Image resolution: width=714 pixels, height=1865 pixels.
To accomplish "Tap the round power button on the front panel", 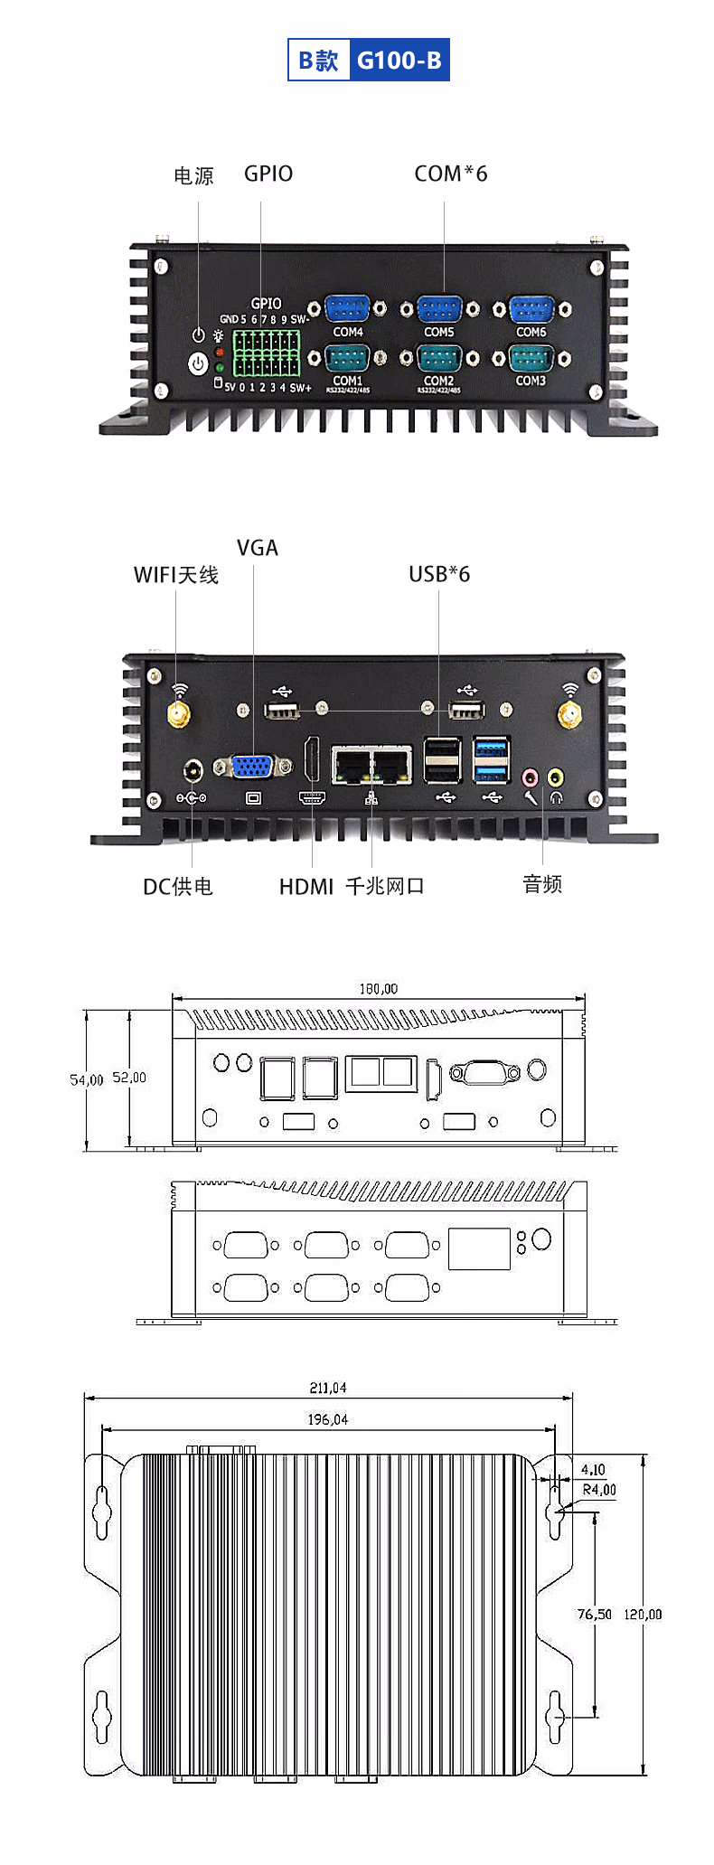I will pos(198,363).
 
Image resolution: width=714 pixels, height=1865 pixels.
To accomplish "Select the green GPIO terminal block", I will pos(266,353).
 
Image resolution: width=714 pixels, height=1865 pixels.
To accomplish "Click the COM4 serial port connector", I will pos(347,309).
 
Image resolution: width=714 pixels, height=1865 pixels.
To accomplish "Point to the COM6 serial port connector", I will pos(531,309).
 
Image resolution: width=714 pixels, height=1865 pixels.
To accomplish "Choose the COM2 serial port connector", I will pos(439,359).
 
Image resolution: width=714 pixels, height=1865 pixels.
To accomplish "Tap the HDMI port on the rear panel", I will pos(312,759).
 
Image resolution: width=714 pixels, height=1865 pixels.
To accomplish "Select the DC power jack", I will pos(193,771).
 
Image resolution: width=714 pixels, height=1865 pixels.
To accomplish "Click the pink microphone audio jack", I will pos(531,777).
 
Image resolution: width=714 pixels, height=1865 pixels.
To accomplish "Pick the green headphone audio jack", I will pos(556,777).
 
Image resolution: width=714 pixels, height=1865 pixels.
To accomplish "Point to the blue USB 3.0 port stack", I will pos(491,760).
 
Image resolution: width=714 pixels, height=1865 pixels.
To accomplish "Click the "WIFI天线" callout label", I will pos(176,575).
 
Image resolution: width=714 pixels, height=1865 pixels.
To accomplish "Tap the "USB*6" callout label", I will pos(439,574).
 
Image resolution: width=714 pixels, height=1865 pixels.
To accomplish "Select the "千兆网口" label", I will pos(385,886).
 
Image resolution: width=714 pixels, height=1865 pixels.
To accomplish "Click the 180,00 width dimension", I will pos(378,989).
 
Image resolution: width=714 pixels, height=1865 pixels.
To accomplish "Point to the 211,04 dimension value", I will pos(328,1388).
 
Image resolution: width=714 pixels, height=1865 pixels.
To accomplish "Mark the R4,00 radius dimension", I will pos(599,1490).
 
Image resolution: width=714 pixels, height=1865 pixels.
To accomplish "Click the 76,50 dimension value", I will pos(594,1614).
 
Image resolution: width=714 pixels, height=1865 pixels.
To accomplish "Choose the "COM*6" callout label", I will pos(451,174).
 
